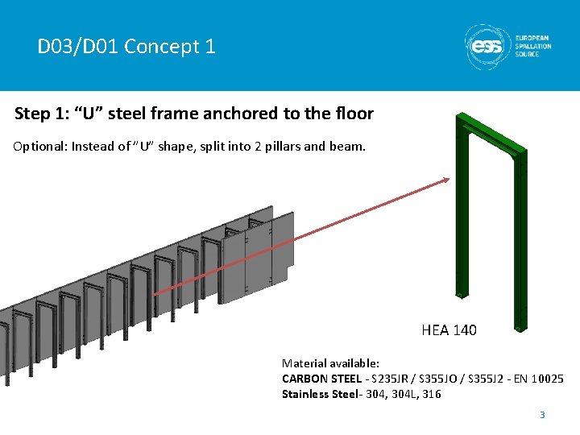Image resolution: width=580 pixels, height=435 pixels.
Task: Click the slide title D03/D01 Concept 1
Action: [x=126, y=47]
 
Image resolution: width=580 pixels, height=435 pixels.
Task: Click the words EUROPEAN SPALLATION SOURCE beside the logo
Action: [x=533, y=46]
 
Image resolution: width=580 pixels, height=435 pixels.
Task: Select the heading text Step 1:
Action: [x=42, y=114]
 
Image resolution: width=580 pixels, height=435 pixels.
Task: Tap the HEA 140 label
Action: [x=449, y=330]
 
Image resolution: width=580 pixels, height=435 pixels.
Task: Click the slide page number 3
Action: [x=542, y=415]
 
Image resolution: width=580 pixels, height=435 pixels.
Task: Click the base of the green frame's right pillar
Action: [x=520, y=325]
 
